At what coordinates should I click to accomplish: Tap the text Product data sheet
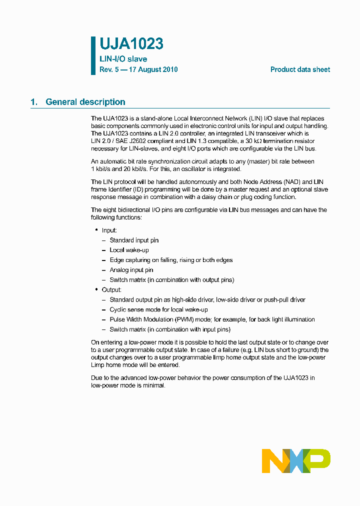[x=300, y=69]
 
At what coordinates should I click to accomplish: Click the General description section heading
[x=85, y=102]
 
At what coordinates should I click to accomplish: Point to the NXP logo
[x=296, y=460]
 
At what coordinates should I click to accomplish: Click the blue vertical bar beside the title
[x=93, y=55]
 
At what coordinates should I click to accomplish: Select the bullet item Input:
[x=109, y=230]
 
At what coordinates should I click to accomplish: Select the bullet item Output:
[x=111, y=290]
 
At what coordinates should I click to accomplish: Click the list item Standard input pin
[x=134, y=240]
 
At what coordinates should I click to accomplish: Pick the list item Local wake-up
[x=129, y=250]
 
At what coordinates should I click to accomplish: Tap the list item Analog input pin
[x=131, y=270]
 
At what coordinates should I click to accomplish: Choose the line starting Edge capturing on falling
[x=171, y=260]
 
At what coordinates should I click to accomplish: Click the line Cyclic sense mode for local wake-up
[x=158, y=309]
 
